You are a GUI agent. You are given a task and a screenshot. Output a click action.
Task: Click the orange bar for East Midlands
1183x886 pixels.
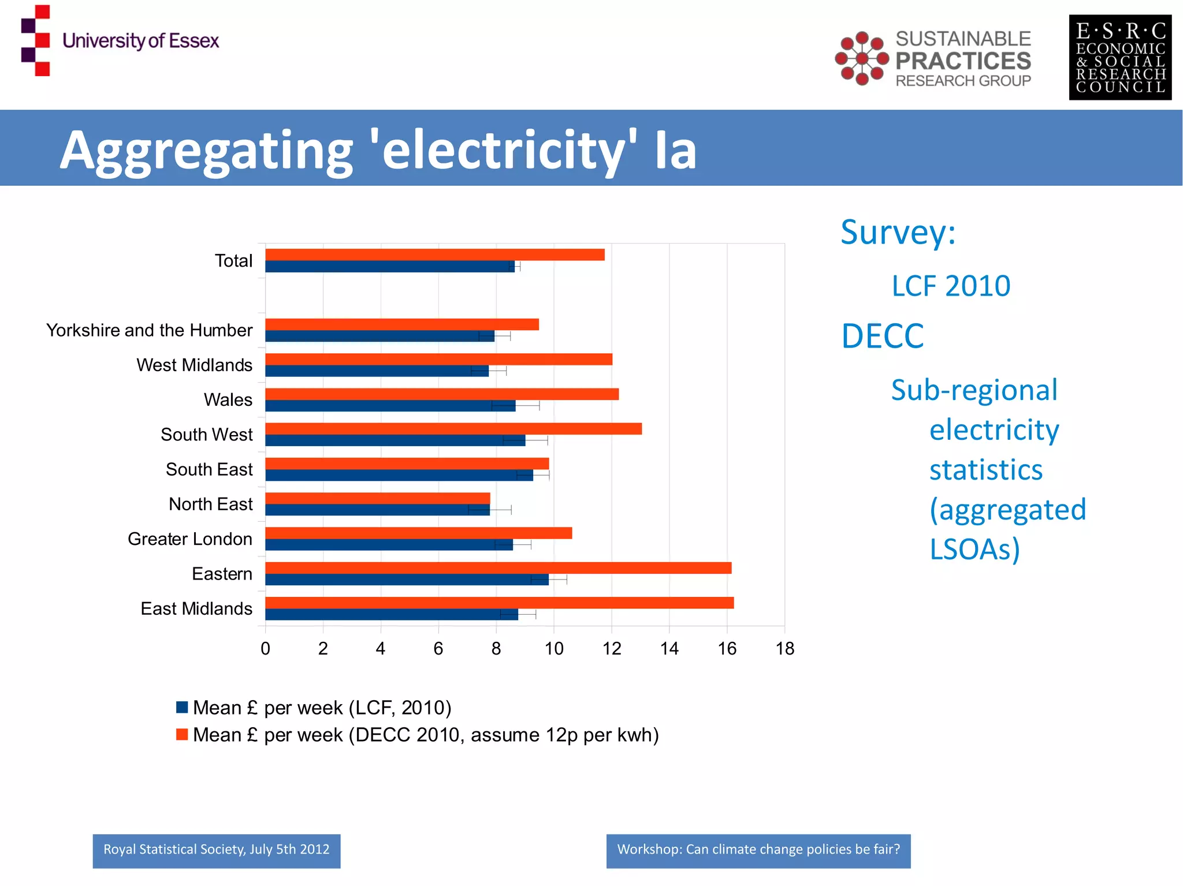tap(499, 603)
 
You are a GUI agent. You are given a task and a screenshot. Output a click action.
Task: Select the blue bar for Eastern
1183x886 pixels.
tap(407, 580)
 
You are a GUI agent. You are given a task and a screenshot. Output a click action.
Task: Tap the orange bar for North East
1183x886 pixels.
tap(377, 498)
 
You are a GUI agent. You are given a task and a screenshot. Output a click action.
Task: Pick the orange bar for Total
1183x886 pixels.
tap(434, 255)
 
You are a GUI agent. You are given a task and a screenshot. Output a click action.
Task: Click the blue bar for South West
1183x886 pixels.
tap(395, 440)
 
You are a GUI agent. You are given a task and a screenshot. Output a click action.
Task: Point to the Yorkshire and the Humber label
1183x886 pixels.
tap(149, 330)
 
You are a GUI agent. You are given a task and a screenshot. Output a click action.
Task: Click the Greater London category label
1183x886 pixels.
tap(189, 539)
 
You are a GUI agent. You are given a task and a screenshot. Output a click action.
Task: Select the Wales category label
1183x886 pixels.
tap(228, 400)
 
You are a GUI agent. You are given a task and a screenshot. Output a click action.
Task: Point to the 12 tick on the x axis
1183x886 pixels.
tap(612, 649)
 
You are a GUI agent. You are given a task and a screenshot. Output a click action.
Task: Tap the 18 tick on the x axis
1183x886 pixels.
tap(784, 649)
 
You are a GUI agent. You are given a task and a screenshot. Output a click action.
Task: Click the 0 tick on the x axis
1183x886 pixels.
tap(265, 649)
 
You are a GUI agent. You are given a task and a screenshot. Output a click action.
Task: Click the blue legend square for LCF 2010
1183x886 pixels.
tap(182, 707)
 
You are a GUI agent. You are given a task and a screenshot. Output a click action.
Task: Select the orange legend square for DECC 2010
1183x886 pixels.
tap(182, 734)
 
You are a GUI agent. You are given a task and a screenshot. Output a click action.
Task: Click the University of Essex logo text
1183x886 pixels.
tap(140, 41)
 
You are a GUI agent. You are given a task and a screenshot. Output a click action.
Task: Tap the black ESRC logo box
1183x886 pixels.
tap(1119, 58)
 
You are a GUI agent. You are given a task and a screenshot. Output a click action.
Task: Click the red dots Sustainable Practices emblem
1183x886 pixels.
tap(861, 58)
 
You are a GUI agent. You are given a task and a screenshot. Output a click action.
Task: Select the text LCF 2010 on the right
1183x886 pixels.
tap(950, 286)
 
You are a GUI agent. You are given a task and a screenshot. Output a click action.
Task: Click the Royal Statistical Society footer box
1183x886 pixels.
tap(216, 850)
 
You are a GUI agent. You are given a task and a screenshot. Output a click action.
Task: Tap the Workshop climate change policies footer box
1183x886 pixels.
tap(758, 850)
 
